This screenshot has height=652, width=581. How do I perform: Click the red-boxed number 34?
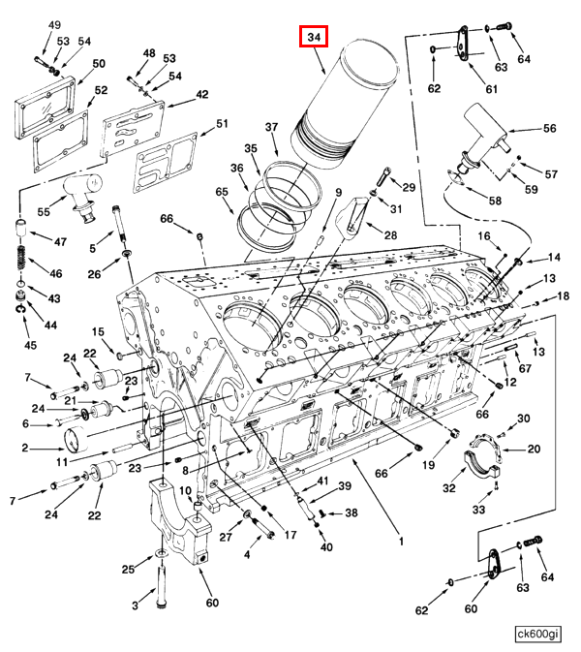(314, 38)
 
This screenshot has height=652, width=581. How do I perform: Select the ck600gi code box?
(537, 634)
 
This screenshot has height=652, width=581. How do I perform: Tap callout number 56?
(549, 128)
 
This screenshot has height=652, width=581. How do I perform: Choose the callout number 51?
(222, 123)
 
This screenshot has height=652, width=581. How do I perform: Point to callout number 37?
(272, 128)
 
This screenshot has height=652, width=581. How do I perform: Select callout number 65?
(223, 193)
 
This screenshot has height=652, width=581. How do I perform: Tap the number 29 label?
(409, 187)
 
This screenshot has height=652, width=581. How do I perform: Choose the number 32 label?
(448, 488)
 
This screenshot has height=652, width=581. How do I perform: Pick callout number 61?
(491, 89)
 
